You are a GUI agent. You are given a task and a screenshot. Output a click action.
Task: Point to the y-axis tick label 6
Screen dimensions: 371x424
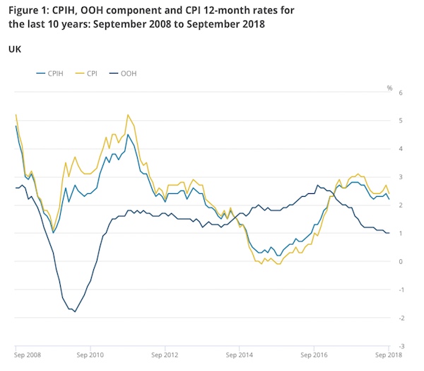400,93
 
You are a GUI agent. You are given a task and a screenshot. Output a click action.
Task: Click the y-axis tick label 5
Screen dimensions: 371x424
400,121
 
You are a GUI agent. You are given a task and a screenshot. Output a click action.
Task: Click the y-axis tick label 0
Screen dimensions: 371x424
400,262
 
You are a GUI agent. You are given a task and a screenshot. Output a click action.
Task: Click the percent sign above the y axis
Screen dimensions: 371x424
389,88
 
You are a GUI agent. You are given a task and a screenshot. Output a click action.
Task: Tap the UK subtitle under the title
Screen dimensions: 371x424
13,49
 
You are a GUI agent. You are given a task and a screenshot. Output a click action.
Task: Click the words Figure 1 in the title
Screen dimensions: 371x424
30,9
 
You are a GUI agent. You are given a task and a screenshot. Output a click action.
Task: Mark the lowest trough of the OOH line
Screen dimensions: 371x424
75,312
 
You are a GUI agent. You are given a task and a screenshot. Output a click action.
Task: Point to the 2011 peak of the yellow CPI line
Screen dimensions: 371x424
128,115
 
